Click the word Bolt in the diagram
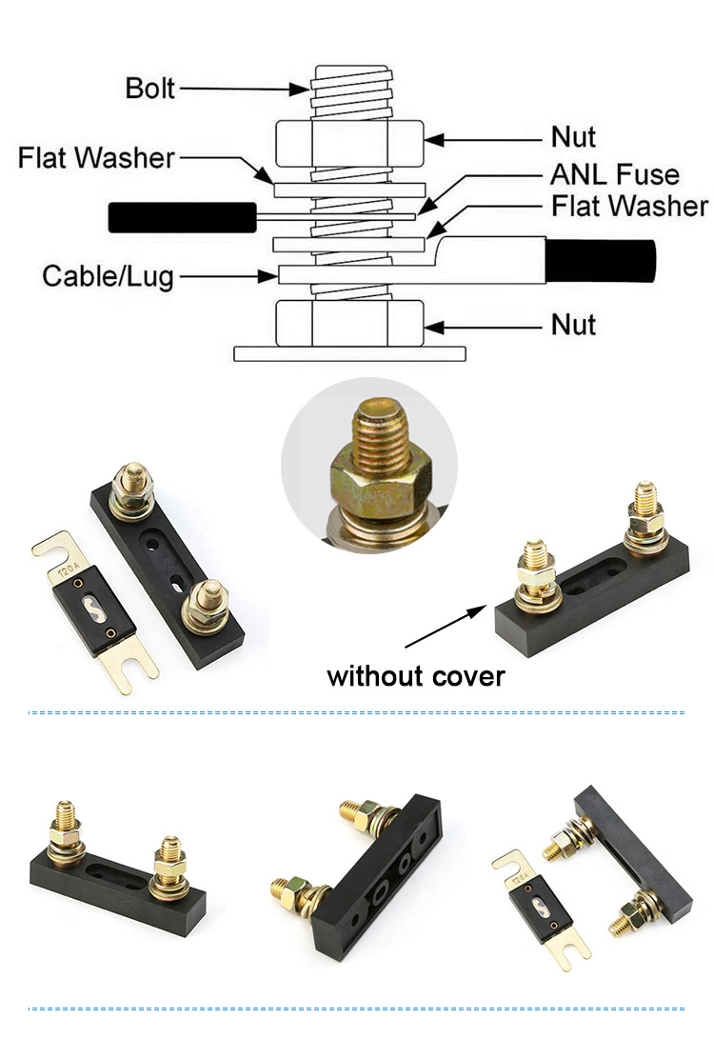149,89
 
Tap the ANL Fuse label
615,174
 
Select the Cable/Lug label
108,276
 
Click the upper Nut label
573,137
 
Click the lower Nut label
573,325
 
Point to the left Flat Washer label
96,158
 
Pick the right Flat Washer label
629,206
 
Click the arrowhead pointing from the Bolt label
299,90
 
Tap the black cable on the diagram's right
600,261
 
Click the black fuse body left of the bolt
182,217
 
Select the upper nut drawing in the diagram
349,144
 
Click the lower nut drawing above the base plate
349,324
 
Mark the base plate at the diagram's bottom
349,354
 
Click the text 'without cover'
416,676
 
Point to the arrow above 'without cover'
446,626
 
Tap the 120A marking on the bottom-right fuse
521,879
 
